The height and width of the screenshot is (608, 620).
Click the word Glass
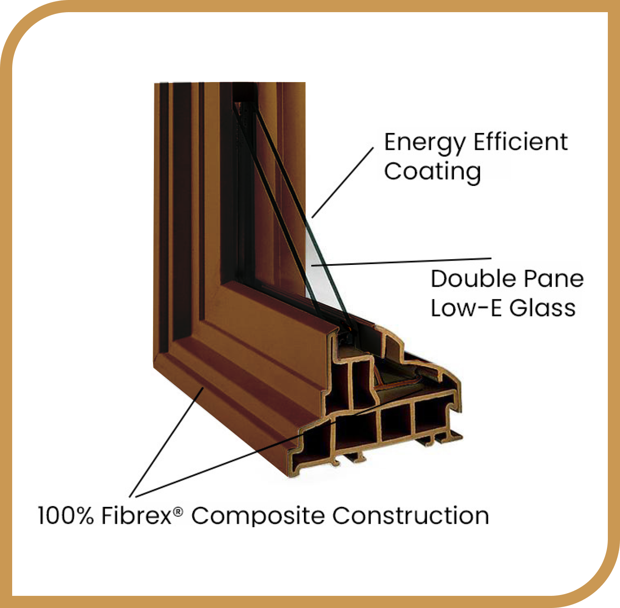543,308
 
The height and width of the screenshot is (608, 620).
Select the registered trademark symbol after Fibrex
178,511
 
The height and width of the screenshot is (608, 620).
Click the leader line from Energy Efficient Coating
343,183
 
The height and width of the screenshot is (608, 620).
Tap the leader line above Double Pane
401,261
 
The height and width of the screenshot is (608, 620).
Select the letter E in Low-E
496,308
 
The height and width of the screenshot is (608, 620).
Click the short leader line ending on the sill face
167,442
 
